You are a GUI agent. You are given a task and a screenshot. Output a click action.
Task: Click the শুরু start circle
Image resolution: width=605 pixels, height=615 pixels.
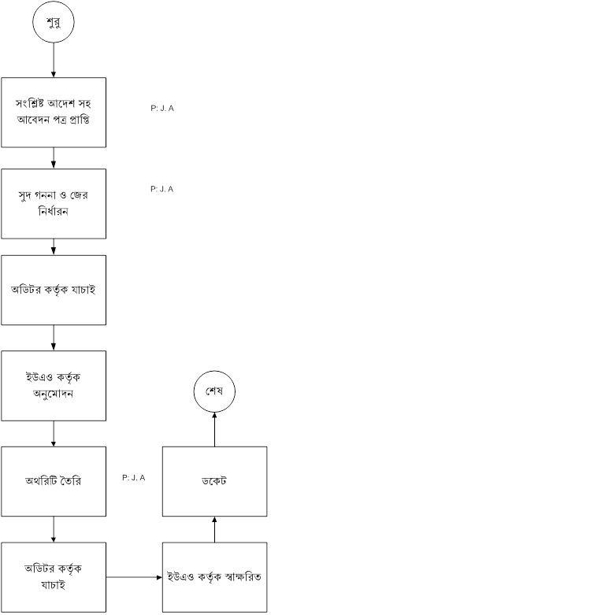pyautogui.click(x=54, y=22)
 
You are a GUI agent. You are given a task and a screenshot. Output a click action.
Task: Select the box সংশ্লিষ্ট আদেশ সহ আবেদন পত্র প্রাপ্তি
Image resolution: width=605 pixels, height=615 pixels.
pyautogui.click(x=54, y=112)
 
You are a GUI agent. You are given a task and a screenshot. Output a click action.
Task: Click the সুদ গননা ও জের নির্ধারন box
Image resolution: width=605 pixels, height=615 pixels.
pyautogui.click(x=54, y=203)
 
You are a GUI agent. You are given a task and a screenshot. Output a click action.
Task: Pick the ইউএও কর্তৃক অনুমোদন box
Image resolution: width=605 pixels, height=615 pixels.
pyautogui.click(x=54, y=385)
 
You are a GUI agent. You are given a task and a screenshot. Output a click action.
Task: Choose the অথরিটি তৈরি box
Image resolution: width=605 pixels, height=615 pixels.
pyautogui.click(x=54, y=481)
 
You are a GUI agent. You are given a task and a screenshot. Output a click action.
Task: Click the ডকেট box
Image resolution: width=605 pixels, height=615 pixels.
pyautogui.click(x=215, y=481)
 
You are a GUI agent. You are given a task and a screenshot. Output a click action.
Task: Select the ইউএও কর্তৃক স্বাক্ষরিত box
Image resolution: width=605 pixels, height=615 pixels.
pyautogui.click(x=215, y=577)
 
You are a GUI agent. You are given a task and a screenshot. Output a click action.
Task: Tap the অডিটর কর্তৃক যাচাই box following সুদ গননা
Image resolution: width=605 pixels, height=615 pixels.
pyautogui.click(x=54, y=289)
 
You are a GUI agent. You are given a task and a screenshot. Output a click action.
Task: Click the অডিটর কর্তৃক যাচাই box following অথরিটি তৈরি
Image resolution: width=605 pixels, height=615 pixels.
pyautogui.click(x=54, y=577)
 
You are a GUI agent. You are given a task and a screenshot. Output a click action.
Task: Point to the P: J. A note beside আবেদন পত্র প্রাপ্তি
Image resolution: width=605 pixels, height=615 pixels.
pyautogui.click(x=161, y=108)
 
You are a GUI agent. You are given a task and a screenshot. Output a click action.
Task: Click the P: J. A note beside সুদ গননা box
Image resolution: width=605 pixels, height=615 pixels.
pyautogui.click(x=161, y=189)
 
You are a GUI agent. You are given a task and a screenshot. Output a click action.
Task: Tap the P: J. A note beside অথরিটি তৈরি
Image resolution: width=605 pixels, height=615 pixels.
pyautogui.click(x=134, y=477)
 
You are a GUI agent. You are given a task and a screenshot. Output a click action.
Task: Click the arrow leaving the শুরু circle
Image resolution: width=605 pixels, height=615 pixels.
pyautogui.click(x=54, y=60)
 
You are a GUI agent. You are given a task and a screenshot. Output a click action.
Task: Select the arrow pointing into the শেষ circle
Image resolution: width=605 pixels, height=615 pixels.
pyautogui.click(x=215, y=428)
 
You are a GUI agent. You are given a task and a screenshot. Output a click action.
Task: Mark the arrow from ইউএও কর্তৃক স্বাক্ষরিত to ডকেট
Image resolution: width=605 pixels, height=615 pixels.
pyautogui.click(x=215, y=529)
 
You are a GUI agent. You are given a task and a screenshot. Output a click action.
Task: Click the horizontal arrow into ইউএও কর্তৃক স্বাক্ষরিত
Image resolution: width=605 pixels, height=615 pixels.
pyautogui.click(x=134, y=577)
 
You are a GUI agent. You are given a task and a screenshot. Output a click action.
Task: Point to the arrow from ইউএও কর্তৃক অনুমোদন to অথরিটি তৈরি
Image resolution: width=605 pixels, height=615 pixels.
pyautogui.click(x=54, y=433)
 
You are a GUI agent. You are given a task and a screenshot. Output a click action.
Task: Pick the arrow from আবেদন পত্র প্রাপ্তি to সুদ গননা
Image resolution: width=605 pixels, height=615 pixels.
pyautogui.click(x=54, y=157)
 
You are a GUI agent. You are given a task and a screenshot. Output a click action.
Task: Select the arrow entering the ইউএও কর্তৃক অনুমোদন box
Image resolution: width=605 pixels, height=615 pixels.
pyautogui.click(x=54, y=337)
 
